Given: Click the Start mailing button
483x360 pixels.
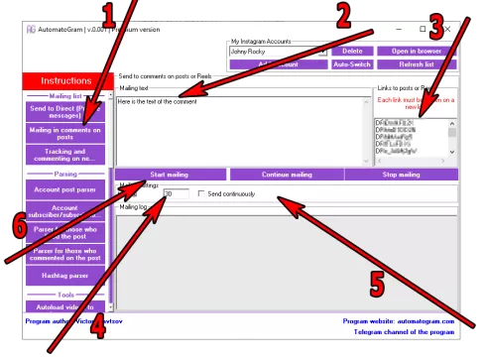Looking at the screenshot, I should click(x=171, y=175).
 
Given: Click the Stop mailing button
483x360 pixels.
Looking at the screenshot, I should click(x=402, y=175).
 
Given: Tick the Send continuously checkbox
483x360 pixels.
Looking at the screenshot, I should click(x=202, y=193).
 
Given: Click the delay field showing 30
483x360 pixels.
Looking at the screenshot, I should click(x=175, y=193).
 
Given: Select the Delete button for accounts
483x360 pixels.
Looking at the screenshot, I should click(x=352, y=51).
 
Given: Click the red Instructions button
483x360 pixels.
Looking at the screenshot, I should click(x=66, y=80).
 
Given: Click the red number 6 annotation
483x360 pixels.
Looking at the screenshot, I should click(x=20, y=225).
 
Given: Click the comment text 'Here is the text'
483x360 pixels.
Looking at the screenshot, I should click(x=158, y=101).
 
